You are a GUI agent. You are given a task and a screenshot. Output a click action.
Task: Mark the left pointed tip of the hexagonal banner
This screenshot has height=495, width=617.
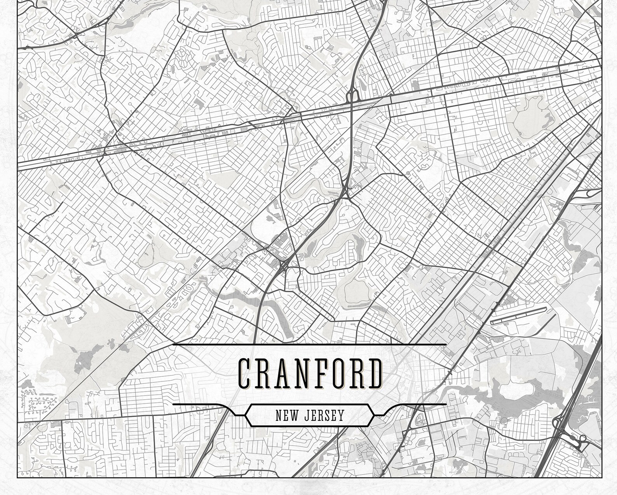click(x=245, y=415)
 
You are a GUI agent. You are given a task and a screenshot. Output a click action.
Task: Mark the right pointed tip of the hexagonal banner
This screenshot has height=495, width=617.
click(x=374, y=415)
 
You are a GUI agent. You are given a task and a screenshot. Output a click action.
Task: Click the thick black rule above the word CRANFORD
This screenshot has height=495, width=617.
click(x=309, y=345)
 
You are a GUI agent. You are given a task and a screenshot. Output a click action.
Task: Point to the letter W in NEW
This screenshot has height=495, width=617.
click(x=295, y=416)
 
